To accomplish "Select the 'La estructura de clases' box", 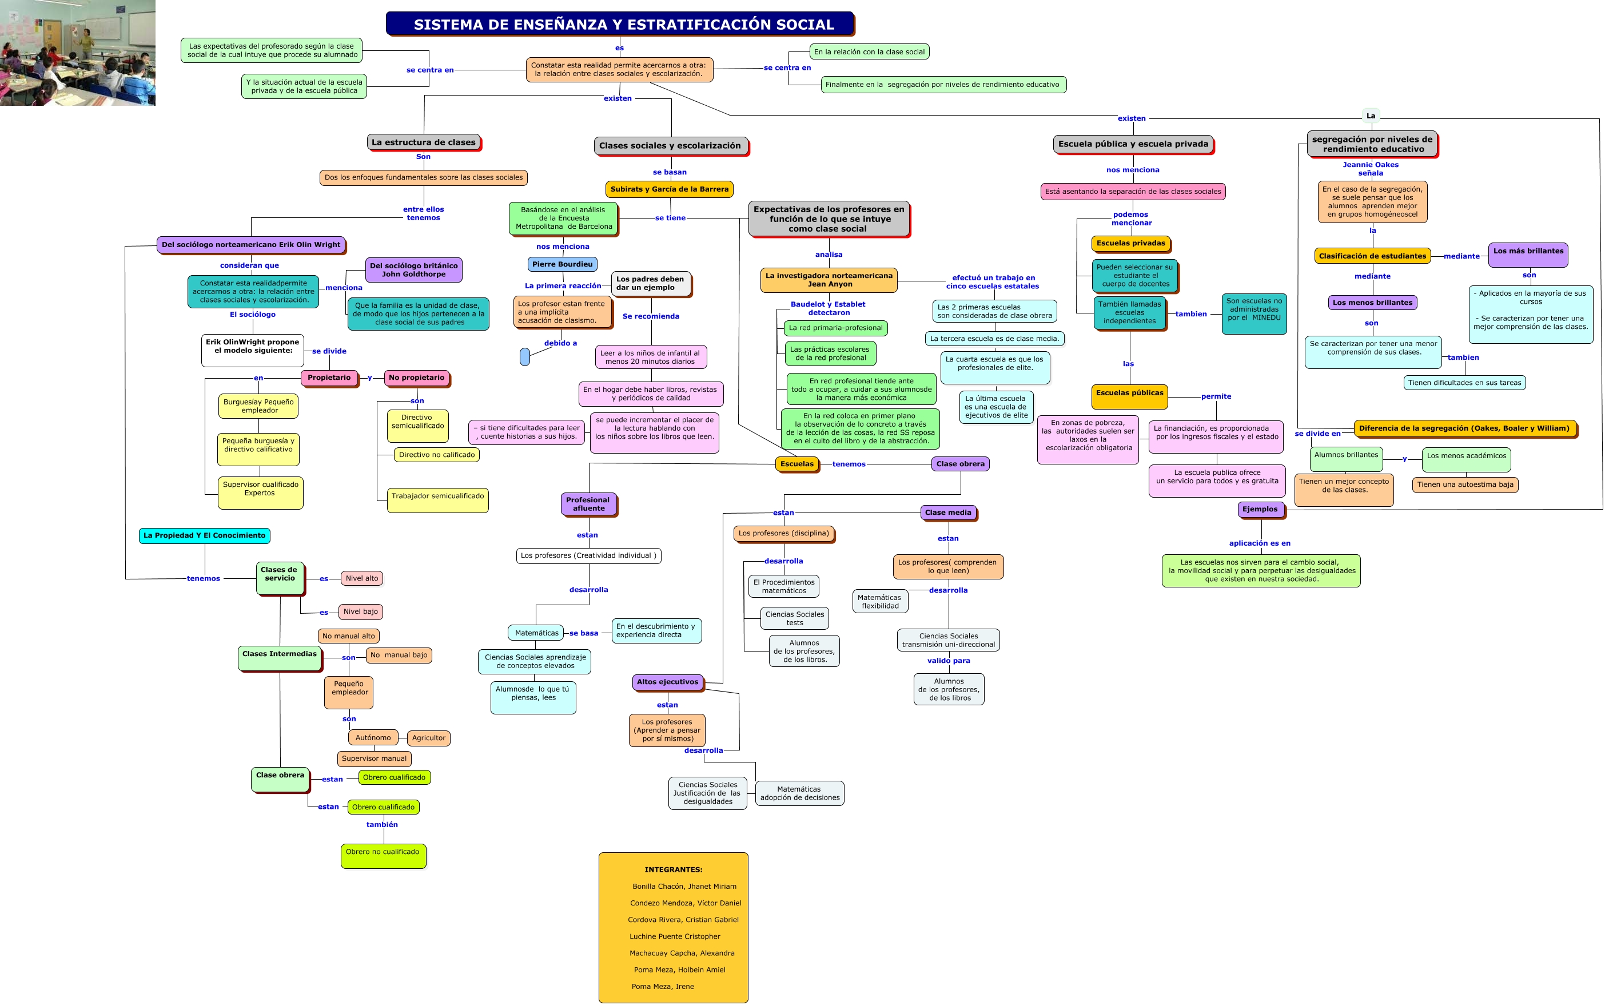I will tap(423, 142).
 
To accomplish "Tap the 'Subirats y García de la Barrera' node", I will tap(669, 189).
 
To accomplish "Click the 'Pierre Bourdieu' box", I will tap(562, 264).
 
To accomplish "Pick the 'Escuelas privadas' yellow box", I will tap(1130, 243).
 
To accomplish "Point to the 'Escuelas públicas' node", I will tap(1129, 394).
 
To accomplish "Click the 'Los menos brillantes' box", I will tap(1372, 303).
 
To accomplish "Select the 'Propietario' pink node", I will tap(329, 378).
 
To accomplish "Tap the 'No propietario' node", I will tap(416, 378).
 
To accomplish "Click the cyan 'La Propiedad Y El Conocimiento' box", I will tap(204, 535).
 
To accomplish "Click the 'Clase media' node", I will tap(947, 513).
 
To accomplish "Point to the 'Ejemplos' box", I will tap(1260, 509).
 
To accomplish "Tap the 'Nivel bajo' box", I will tap(360, 611).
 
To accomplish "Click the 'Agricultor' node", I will tap(428, 738).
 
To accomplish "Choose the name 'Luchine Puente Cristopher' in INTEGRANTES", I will tap(674, 936).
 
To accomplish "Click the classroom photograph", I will tap(77, 53).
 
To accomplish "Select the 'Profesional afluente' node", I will tap(588, 504).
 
